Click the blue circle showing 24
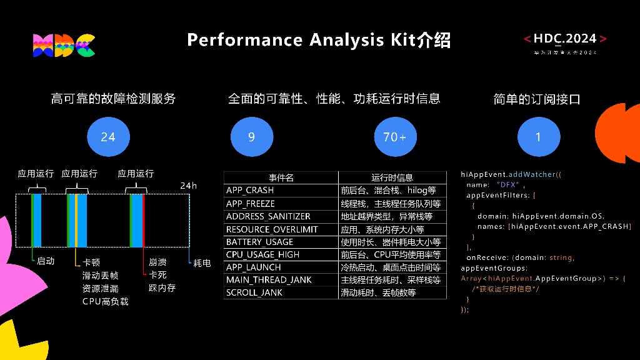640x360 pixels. pos(108,136)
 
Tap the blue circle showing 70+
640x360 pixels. pos(395,136)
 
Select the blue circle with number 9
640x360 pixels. pos(251,136)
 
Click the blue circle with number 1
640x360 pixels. pos(538,136)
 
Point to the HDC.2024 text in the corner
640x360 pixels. pos(565,39)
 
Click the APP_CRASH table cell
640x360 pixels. pos(250,190)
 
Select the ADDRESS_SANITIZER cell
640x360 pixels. pos(268,216)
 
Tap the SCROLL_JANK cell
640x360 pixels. pos(254,292)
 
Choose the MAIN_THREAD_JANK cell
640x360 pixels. pos(269,280)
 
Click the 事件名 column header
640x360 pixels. pos(281,177)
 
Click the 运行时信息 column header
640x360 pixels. pos(392,177)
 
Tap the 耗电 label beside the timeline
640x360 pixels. pos(202,263)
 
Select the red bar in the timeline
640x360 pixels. pos(143,221)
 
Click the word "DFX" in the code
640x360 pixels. pos(505,184)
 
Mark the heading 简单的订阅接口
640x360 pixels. pos(537,99)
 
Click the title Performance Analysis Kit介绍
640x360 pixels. pos(319,40)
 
